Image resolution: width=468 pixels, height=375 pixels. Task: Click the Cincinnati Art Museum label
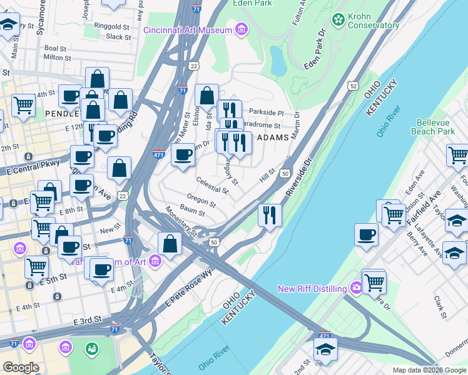[x=189, y=30]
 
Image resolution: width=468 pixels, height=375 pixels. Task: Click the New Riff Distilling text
[x=312, y=289]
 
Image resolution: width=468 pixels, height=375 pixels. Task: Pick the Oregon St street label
[x=201, y=201]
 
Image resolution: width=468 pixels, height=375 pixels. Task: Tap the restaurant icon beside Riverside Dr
[x=270, y=216]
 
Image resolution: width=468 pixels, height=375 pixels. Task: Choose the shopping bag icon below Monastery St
[x=170, y=243]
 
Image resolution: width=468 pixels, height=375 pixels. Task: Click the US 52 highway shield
[x=354, y=85]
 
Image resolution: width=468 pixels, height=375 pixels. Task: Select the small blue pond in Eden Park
[x=276, y=61]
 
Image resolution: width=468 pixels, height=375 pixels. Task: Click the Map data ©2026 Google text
[x=429, y=370]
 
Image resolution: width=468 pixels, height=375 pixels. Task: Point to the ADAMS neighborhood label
[x=273, y=137]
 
